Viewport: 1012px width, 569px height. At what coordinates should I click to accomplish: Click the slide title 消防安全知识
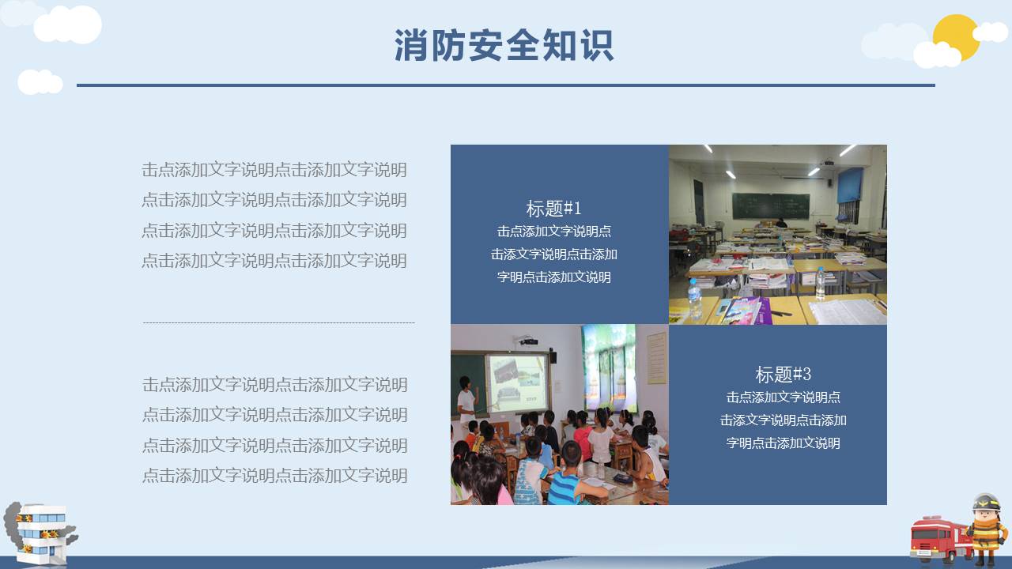click(x=504, y=46)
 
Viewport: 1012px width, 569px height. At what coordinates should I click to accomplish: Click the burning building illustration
click(x=40, y=533)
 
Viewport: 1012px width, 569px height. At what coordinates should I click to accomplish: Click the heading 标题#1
click(x=553, y=209)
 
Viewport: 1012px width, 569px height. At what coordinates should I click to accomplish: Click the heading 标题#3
click(x=783, y=374)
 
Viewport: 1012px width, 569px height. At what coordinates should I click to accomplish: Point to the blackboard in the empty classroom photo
click(x=770, y=206)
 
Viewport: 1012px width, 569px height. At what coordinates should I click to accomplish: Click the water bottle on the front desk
click(x=694, y=298)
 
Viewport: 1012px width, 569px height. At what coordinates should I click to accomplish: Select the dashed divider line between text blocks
click(x=278, y=322)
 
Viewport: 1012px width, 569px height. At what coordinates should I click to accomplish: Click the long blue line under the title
click(x=506, y=85)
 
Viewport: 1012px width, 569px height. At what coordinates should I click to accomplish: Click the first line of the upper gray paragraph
click(x=274, y=169)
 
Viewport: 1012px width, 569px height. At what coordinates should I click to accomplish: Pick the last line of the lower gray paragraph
click(x=274, y=476)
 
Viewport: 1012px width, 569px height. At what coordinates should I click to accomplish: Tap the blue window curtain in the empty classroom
click(x=850, y=185)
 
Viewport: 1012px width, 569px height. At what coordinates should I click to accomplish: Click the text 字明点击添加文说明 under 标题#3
click(x=783, y=443)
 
